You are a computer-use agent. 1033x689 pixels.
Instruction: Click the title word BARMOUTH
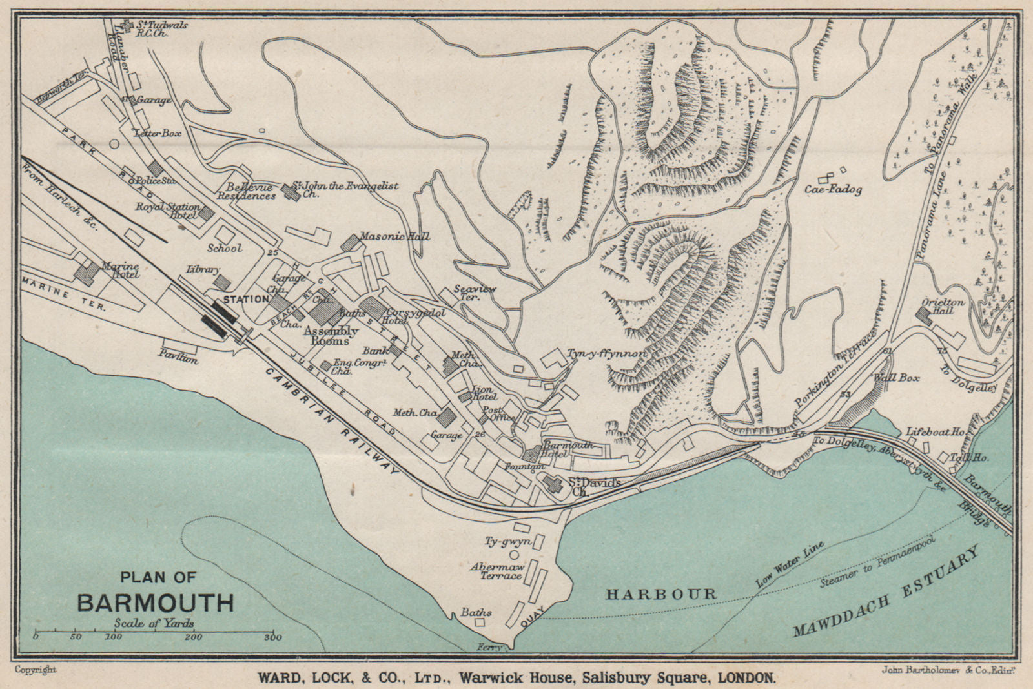156,602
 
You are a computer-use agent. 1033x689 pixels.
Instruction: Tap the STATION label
246,299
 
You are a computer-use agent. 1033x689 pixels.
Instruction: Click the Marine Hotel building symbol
86,273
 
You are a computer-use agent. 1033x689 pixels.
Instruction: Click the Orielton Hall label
943,306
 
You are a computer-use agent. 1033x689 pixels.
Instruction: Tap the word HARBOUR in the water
660,594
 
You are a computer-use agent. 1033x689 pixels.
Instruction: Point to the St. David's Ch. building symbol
553,484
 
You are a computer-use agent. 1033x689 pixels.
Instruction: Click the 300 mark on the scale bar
273,637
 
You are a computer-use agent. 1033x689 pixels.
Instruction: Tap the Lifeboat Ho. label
936,431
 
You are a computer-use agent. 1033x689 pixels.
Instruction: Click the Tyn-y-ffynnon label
606,354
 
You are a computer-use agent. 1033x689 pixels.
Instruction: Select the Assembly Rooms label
331,335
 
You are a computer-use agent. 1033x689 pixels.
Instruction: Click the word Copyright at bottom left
36,670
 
